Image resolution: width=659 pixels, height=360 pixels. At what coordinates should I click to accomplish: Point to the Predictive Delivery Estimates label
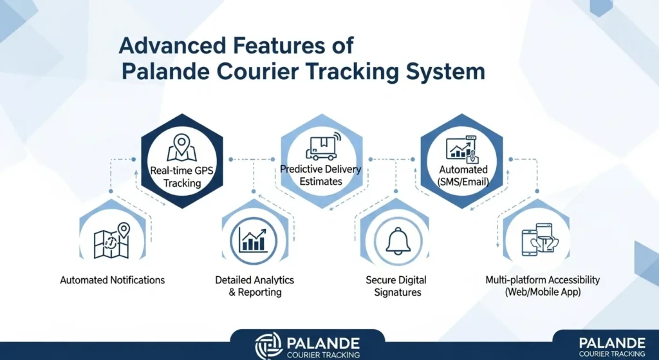[x=321, y=175]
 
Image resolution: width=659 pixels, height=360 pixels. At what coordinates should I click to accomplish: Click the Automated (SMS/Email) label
[x=463, y=176]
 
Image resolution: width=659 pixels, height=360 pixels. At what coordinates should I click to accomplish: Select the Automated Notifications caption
[x=112, y=280]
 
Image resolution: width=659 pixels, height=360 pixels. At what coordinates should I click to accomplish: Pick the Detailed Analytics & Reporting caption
[x=254, y=286]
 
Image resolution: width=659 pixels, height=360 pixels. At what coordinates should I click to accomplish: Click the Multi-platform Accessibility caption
[x=543, y=286]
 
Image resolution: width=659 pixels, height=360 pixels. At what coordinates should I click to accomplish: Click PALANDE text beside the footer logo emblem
[x=323, y=341]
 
